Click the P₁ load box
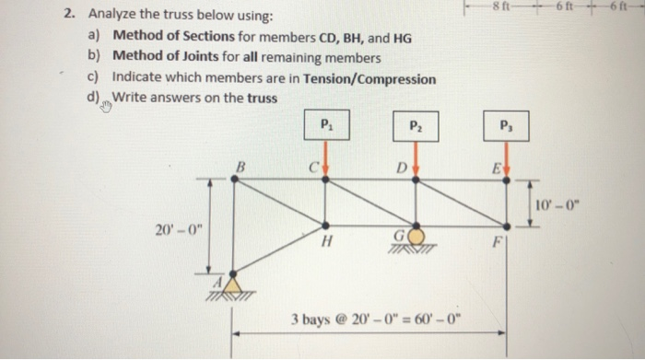324,123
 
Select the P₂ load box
416,123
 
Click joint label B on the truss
241,166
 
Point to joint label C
313,168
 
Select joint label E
496,168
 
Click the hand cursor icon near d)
103,106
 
